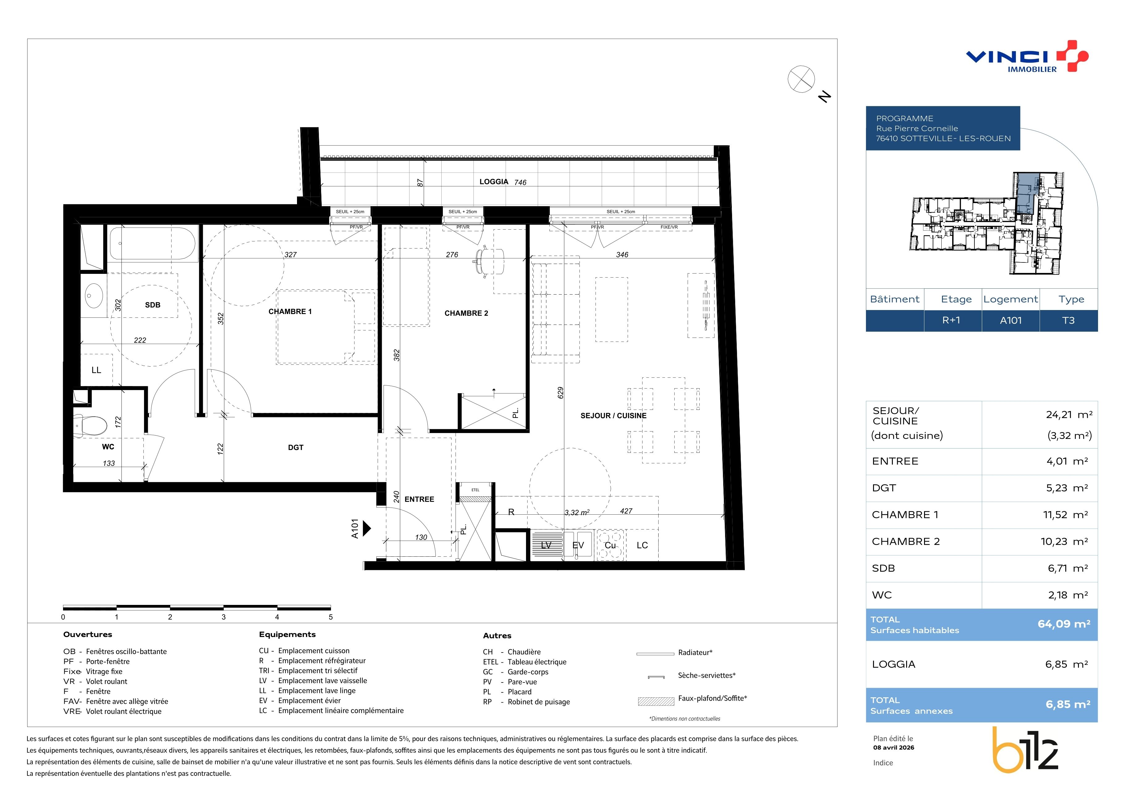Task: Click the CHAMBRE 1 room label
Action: pos(290,311)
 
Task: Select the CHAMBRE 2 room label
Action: pos(466,313)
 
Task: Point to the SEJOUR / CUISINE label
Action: pos(613,416)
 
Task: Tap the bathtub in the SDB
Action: pos(153,243)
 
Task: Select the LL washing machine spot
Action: pos(96,370)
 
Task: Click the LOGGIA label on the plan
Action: pos(494,182)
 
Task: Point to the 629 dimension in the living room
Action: pos(561,393)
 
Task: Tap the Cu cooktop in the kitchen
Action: pos(610,545)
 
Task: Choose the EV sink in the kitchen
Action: pos(578,545)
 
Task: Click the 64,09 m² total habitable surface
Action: pos(1064,624)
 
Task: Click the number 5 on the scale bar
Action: pos(331,617)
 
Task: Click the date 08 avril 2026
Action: pos(894,747)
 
